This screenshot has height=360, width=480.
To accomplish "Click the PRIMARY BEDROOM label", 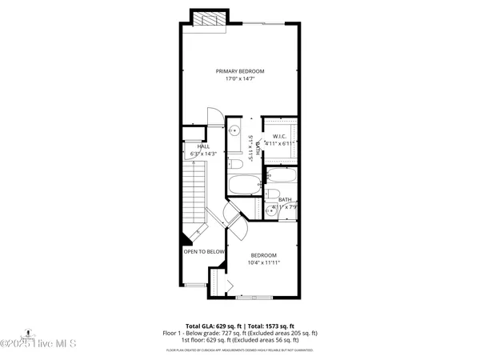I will (240, 71).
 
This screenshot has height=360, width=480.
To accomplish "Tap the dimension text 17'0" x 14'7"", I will (240, 79).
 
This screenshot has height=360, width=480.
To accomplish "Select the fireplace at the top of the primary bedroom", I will (210, 19).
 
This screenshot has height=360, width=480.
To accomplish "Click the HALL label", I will (203, 146).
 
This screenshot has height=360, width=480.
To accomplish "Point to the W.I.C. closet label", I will (279, 136).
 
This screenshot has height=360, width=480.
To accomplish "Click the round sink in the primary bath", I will (235, 130).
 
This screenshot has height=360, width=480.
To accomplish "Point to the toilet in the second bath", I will (272, 196).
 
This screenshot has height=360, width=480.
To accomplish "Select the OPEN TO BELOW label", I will (204, 251).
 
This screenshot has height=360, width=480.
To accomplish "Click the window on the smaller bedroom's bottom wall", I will (258, 297).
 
